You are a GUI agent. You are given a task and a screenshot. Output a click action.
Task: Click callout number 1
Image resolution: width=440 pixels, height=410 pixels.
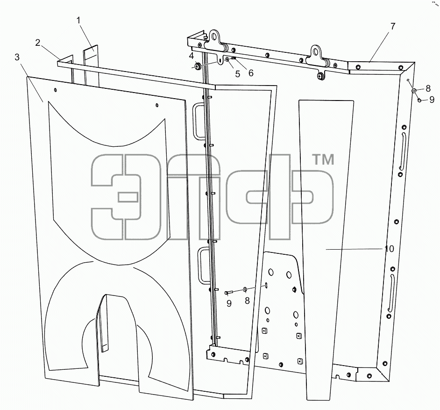(78, 20)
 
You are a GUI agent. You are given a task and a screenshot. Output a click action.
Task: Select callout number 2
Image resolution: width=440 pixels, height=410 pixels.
(38, 43)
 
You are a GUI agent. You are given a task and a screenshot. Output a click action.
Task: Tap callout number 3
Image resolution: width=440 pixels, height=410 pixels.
(17, 57)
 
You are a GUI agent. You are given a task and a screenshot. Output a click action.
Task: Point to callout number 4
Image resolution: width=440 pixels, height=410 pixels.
(192, 56)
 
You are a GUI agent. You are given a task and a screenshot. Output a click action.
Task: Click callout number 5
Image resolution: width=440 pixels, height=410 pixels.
(238, 74)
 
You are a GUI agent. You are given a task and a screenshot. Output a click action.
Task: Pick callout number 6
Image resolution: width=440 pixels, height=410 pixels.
(251, 73)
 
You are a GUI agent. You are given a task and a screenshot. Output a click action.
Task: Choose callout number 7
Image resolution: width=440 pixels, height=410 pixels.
(393, 26)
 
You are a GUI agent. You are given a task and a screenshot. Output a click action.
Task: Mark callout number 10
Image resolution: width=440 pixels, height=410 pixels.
(389, 249)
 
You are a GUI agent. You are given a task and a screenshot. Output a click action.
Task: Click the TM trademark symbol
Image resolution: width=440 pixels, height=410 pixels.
(323, 159)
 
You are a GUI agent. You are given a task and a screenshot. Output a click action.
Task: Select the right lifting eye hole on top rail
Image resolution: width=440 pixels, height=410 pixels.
(316, 51)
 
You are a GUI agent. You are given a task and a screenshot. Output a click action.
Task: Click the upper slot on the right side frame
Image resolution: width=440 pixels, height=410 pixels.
(402, 151)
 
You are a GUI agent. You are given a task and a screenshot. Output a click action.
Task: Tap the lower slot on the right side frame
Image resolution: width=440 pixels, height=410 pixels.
(391, 293)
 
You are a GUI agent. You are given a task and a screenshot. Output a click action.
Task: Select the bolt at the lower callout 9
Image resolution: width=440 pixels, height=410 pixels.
(227, 293)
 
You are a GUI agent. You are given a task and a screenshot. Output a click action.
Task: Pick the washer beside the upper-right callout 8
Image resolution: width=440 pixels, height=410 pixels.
(414, 91)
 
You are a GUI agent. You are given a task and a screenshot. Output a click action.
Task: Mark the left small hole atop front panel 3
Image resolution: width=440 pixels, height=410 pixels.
(56, 90)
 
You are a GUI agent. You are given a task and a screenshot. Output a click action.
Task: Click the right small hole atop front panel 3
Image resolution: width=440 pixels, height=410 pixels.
(157, 105)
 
